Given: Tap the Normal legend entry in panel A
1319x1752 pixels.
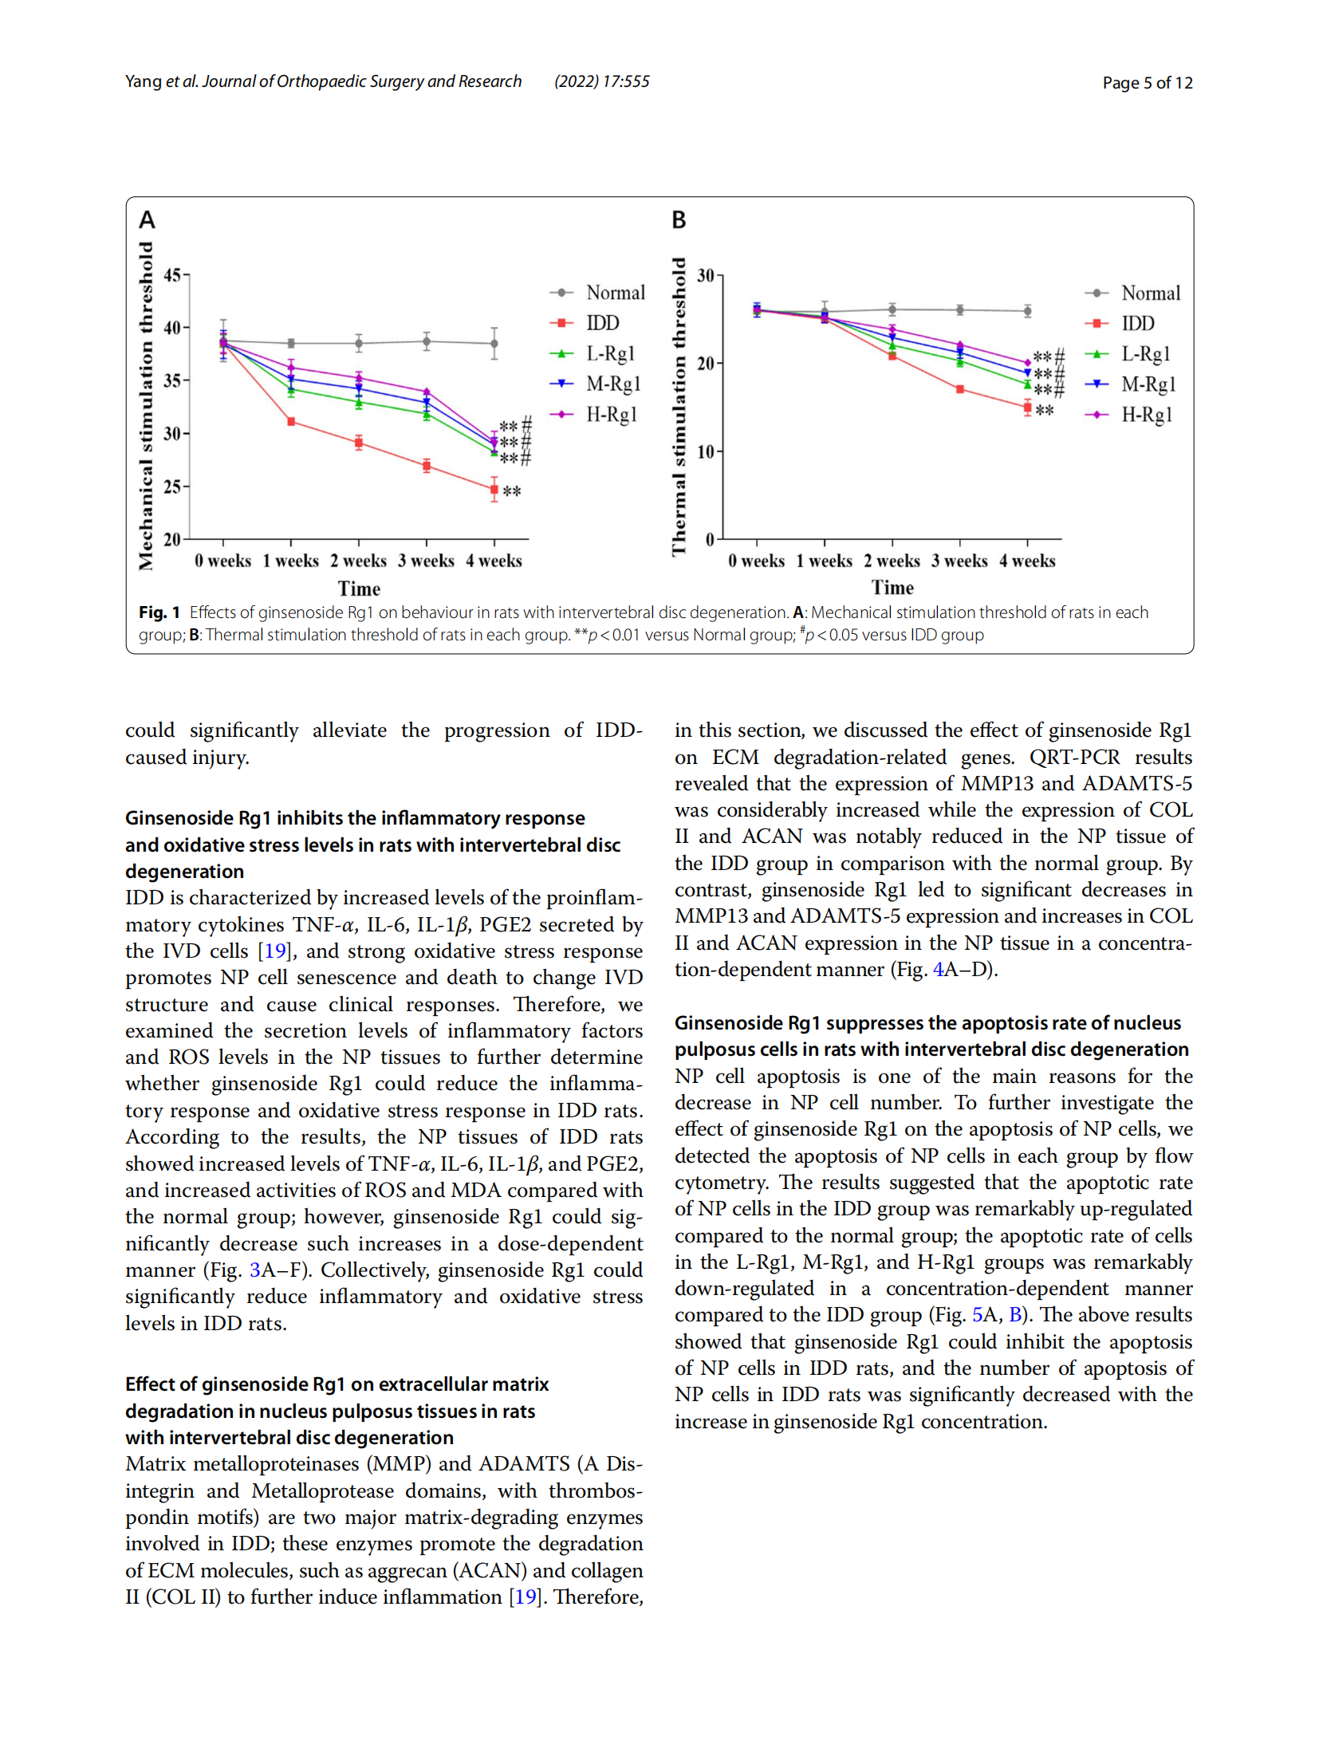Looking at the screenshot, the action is coord(597,292).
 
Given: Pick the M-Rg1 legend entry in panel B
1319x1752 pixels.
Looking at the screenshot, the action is coord(1130,384).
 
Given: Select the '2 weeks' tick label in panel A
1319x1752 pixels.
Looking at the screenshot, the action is coord(359,560).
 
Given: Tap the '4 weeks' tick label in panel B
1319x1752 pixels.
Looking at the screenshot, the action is coord(1027,560).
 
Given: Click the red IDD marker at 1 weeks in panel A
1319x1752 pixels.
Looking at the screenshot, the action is coord(291,421).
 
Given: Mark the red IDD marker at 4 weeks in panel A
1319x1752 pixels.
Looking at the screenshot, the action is coord(494,489).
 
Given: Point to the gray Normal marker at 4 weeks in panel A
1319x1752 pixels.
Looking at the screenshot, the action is coord(494,344).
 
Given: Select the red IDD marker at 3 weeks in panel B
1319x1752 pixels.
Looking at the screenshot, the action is coord(960,389).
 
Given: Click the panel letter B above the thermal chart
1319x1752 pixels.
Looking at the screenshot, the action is coord(679,219).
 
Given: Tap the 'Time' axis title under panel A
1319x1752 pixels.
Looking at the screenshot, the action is coord(359,588).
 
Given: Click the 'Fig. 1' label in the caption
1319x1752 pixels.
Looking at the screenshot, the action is coord(159,612).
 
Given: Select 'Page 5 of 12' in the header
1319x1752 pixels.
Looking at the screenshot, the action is coord(1147,82).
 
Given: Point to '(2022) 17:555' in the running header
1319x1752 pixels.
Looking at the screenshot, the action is coord(602,81).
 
